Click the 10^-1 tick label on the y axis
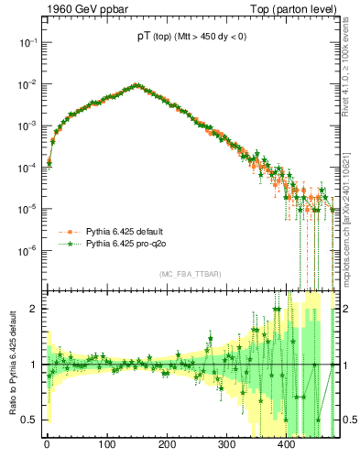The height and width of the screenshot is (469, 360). (27, 42)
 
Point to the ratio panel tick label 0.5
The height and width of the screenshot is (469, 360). (29, 420)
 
